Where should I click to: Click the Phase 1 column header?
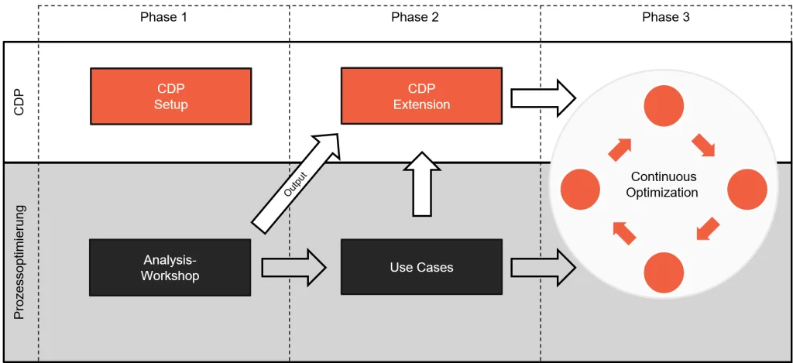[x=163, y=17]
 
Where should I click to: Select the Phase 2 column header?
[x=415, y=17]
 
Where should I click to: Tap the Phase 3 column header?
[x=666, y=17]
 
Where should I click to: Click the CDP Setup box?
[x=170, y=96]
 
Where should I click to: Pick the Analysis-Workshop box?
[x=170, y=267]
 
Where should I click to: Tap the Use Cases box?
[x=421, y=267]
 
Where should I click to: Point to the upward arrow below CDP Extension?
[x=421, y=183]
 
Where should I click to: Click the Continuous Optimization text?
[x=662, y=185]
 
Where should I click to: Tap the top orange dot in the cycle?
[x=664, y=106]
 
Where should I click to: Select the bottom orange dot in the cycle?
[x=664, y=272]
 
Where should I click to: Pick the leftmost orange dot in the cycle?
[x=580, y=189]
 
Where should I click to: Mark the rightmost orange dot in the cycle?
[x=747, y=189]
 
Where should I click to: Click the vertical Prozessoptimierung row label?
[x=21, y=262]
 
